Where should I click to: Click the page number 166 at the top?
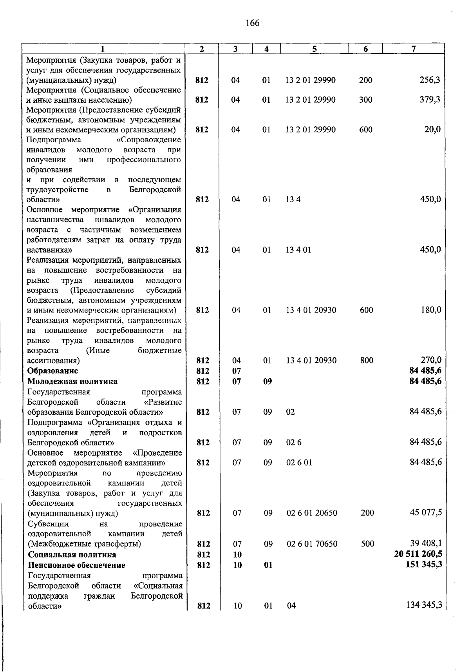click(252, 23)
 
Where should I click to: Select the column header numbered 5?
click(315, 49)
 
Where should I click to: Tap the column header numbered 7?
click(413, 49)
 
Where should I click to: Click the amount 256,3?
click(430, 80)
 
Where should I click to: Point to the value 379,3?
click(430, 100)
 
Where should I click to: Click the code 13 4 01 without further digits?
click(298, 250)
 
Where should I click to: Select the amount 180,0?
click(430, 310)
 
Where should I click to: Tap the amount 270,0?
click(430, 360)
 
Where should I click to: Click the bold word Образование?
click(52, 371)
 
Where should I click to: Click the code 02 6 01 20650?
click(312, 513)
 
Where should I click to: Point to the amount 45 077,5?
click(426, 512)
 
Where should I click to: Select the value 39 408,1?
click(426, 543)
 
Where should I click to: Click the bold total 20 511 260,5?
click(418, 554)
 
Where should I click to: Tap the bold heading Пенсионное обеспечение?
click(76, 565)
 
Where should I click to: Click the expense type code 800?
click(367, 360)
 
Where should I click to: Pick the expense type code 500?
click(367, 544)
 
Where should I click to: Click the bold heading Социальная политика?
click(72, 554)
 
